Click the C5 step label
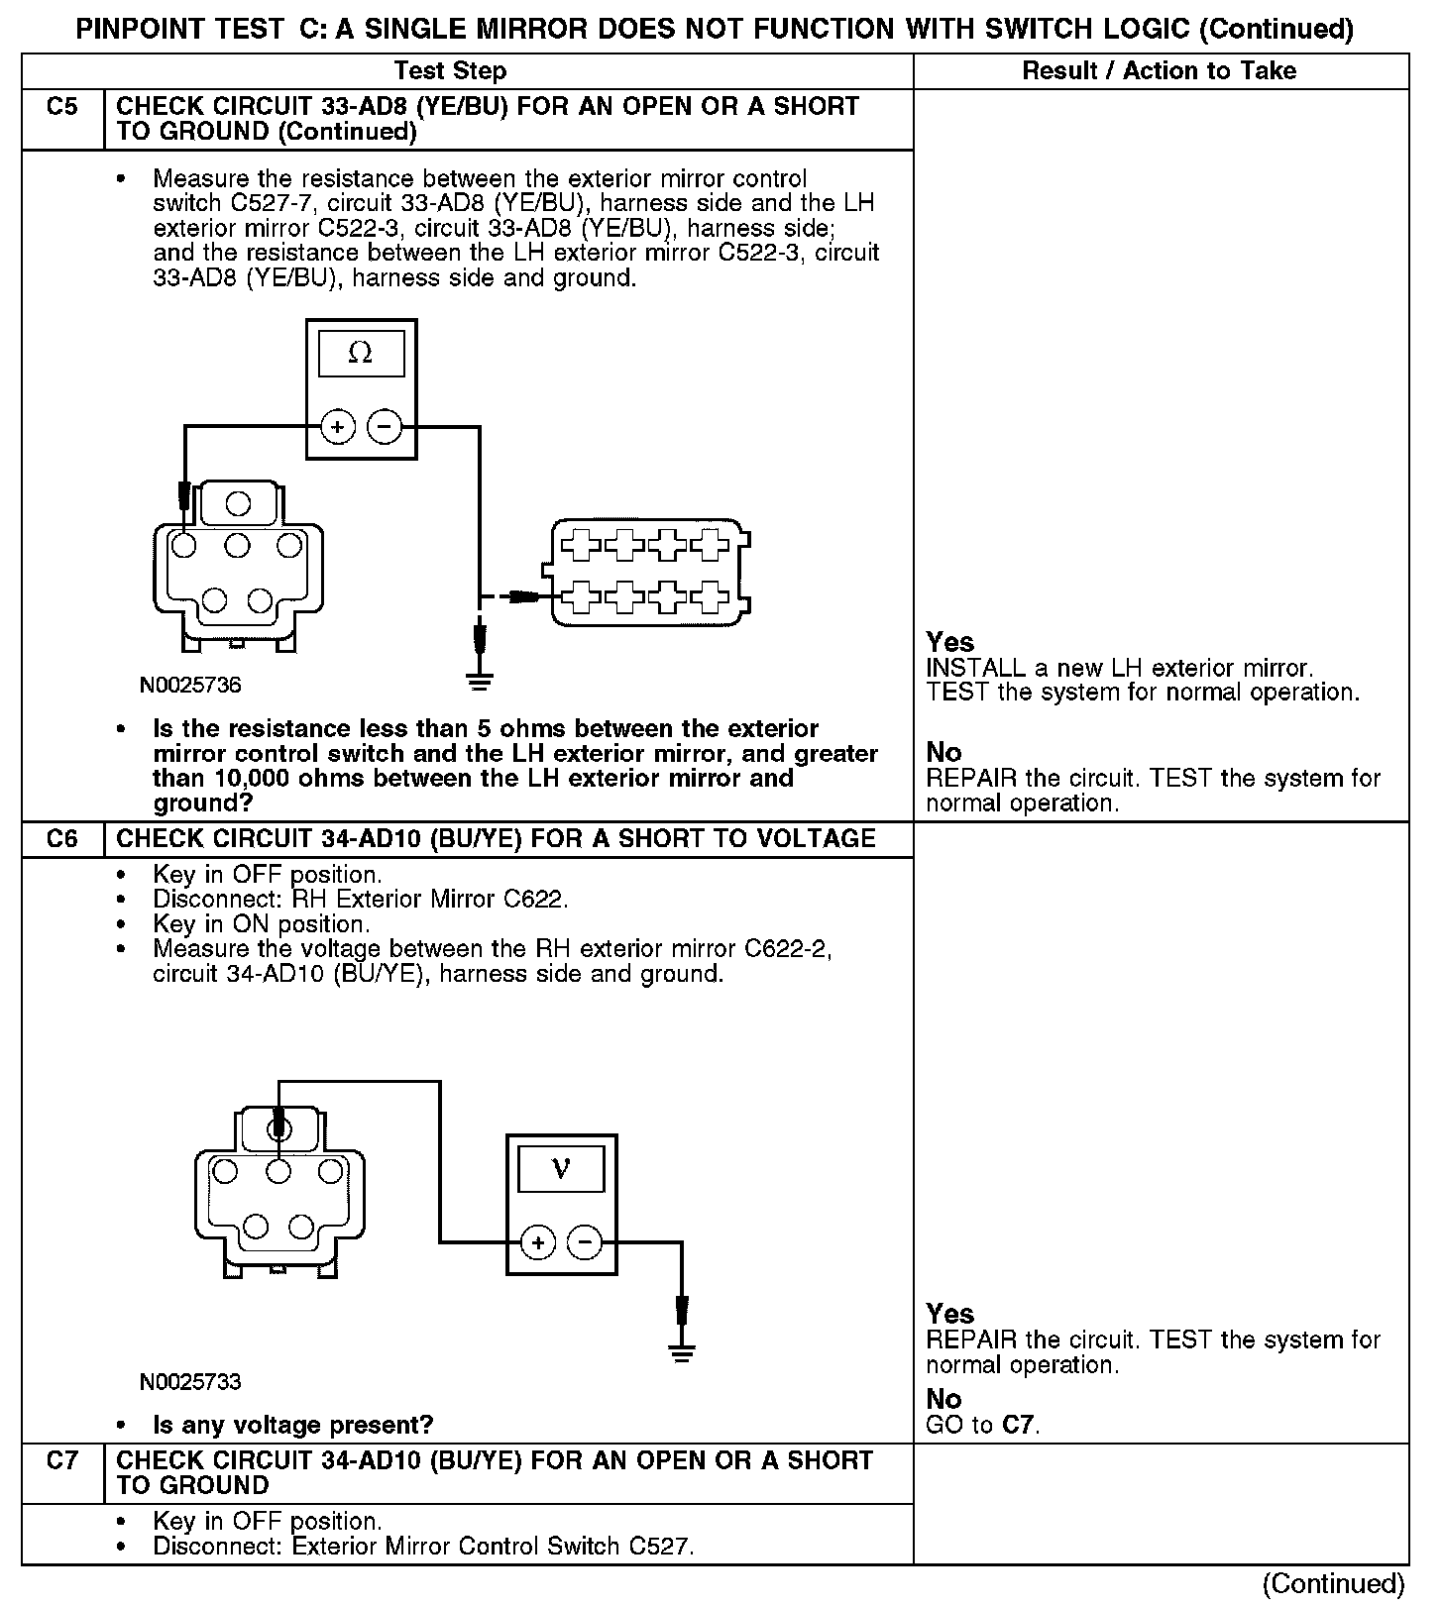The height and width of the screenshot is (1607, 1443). pyautogui.click(x=61, y=107)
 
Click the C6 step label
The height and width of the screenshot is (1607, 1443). pyautogui.click(x=61, y=839)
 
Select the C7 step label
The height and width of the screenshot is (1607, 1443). pyautogui.click(x=61, y=1460)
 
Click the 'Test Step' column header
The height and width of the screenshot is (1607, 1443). pyautogui.click(x=450, y=71)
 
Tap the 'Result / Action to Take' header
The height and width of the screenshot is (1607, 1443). pyautogui.click(x=1159, y=71)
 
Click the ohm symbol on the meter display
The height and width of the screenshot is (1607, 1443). pyautogui.click(x=361, y=354)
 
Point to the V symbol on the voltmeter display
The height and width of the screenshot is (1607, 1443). pyautogui.click(x=561, y=1168)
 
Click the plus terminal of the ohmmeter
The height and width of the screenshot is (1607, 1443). pyautogui.click(x=338, y=427)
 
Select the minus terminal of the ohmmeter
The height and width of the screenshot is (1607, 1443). pyautogui.click(x=385, y=427)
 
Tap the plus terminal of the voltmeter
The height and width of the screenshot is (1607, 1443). pyautogui.click(x=538, y=1241)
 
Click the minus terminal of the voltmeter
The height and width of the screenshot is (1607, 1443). pyautogui.click(x=585, y=1241)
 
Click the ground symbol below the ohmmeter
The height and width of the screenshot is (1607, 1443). pyautogui.click(x=480, y=681)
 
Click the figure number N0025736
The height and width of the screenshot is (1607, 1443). pyautogui.click(x=190, y=685)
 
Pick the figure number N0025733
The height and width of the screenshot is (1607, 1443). pyautogui.click(x=190, y=1381)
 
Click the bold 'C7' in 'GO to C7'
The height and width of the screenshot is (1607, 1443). pyautogui.click(x=1018, y=1426)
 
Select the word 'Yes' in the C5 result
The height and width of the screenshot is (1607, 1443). pyautogui.click(x=949, y=642)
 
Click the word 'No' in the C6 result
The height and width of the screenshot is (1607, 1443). pyautogui.click(x=943, y=1399)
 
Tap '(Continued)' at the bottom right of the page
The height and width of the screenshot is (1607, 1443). pyautogui.click(x=1333, y=1583)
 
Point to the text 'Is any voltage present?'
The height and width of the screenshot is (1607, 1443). pyautogui.click(x=293, y=1426)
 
